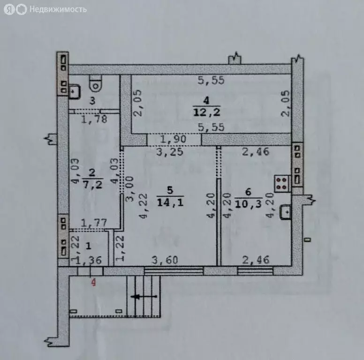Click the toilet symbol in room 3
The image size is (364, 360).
tap(96, 83)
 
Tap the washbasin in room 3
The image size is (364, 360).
tap(75, 90)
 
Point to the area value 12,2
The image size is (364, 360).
tap(207, 112)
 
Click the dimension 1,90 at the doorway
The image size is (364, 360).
tap(174, 139)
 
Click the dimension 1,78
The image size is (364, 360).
tap(94, 119)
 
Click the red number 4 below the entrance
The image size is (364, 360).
tap(93, 283)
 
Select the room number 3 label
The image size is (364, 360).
tap(92, 100)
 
